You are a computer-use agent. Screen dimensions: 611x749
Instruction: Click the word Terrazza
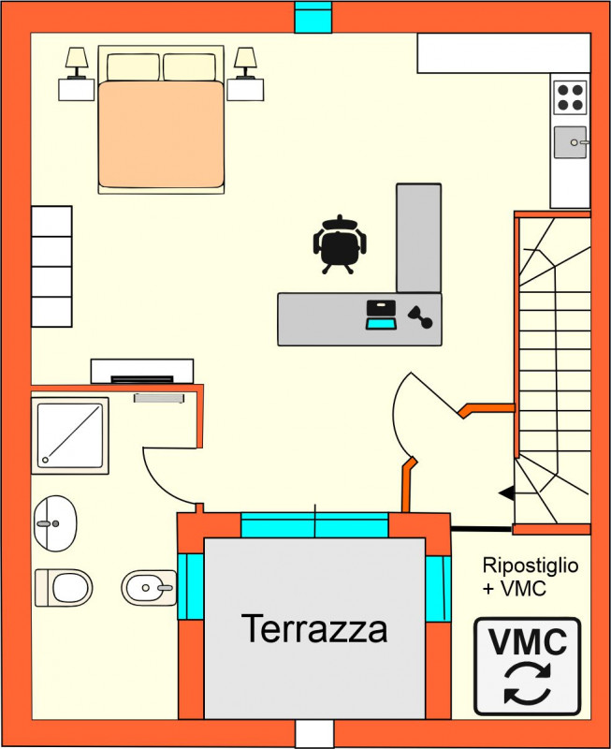314,628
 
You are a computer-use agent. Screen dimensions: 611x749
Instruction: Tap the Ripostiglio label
531,565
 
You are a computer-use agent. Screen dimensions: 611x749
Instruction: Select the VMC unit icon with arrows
528,667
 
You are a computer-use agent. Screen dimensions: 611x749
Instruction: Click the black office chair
340,244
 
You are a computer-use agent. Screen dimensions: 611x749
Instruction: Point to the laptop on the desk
381,315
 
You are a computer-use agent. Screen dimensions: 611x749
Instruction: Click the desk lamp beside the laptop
420,317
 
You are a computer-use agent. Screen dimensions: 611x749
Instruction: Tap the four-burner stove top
570,97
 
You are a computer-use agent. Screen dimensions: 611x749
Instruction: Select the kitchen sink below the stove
571,142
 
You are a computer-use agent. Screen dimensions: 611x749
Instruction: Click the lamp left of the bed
77,63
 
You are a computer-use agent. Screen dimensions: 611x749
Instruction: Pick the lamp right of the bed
245,63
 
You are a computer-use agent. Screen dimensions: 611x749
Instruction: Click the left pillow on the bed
133,67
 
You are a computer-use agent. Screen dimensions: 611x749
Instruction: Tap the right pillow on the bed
190,67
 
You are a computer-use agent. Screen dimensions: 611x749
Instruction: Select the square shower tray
70,435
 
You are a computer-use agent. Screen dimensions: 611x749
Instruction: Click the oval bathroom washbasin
55,523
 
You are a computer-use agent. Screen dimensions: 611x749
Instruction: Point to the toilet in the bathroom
64,588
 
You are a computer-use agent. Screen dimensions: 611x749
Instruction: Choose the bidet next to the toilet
149,588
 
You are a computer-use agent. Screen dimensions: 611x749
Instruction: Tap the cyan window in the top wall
313,17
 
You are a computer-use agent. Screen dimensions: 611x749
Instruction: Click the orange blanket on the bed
161,134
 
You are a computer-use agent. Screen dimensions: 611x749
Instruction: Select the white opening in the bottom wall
314,734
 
